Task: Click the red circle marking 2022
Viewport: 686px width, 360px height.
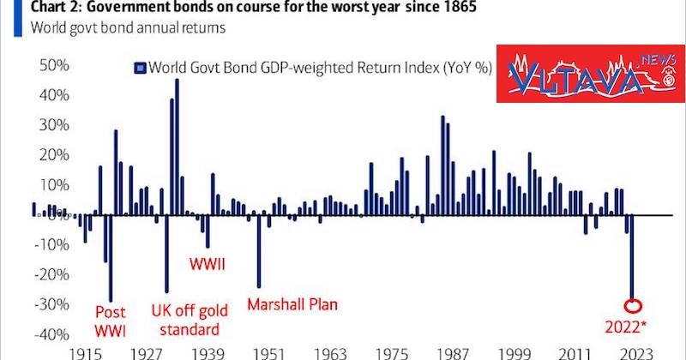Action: coord(632,306)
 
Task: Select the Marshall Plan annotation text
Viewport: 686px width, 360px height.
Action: coord(292,303)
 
